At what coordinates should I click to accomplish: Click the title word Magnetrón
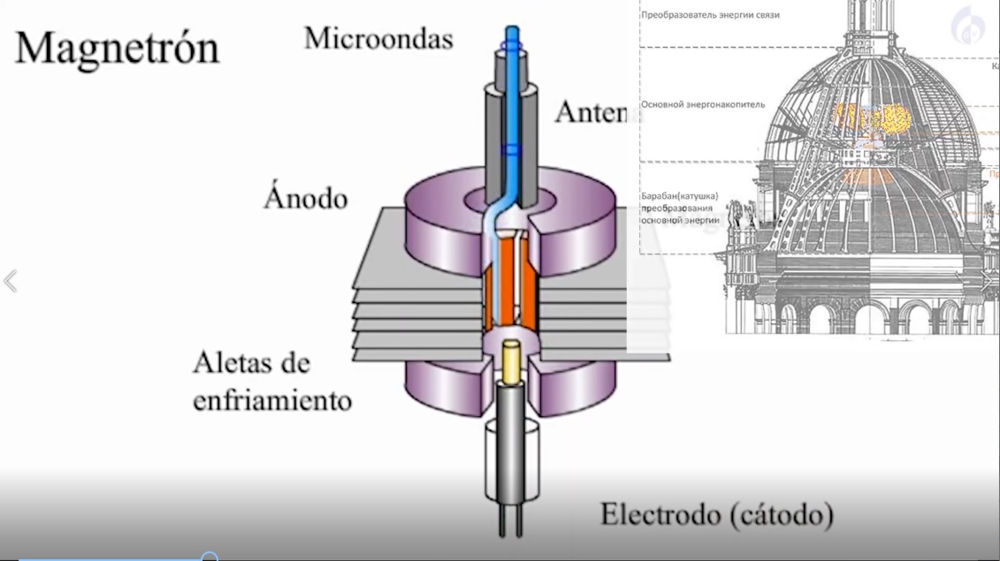click(x=117, y=47)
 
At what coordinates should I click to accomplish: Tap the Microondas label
click(x=378, y=39)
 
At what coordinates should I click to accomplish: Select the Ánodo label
click(x=305, y=197)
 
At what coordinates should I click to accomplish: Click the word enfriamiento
click(x=272, y=400)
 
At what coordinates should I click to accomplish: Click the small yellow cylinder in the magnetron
click(x=511, y=358)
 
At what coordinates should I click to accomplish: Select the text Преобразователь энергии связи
click(x=710, y=15)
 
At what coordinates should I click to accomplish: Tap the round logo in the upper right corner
click(x=968, y=27)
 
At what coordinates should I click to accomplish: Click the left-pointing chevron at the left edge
click(x=11, y=281)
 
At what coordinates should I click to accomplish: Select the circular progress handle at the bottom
click(x=210, y=557)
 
